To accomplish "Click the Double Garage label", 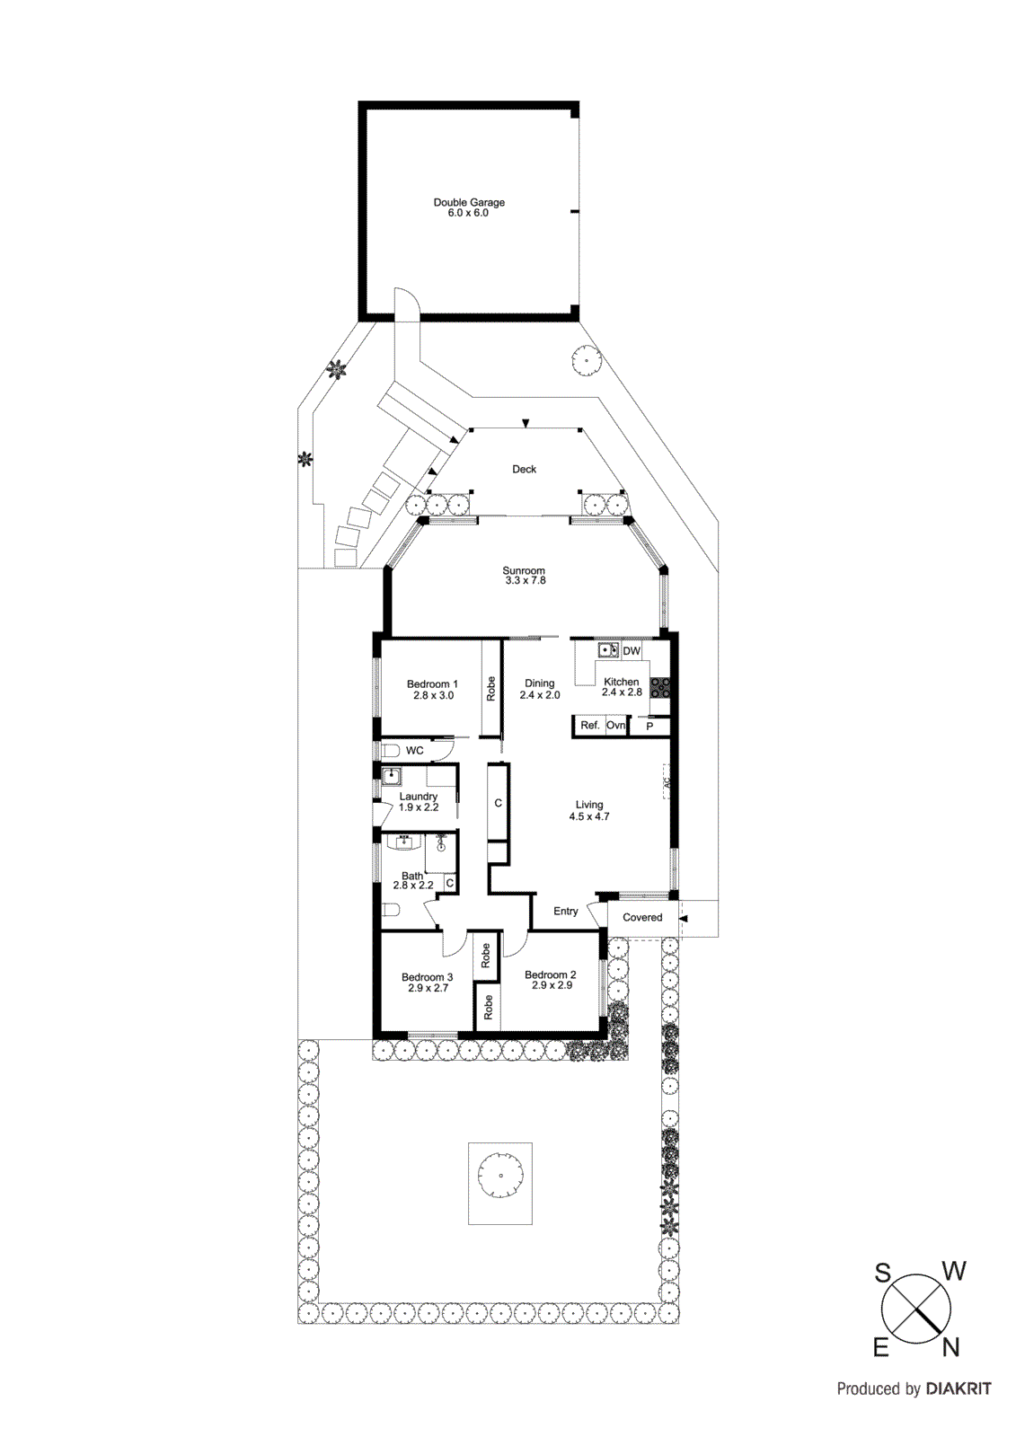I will [x=469, y=207].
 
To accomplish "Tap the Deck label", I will [x=524, y=469].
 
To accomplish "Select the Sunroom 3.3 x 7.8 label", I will [x=524, y=576].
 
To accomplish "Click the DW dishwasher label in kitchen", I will [x=632, y=651].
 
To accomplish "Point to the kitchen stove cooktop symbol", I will [x=660, y=687].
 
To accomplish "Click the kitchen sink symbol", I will [x=608, y=650].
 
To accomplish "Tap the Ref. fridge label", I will [x=589, y=726].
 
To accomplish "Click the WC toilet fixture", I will [x=391, y=750].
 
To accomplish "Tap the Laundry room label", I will [x=419, y=801].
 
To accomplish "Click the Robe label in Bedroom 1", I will [x=490, y=689].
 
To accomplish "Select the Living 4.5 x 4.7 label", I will [x=589, y=810].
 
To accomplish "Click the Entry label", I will [x=565, y=911].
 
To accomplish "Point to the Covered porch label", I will [x=642, y=917].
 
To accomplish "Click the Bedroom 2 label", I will [x=551, y=979].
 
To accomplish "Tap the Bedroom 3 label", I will [x=427, y=982].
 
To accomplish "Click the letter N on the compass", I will [x=951, y=1347].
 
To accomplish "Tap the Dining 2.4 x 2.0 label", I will [x=539, y=689].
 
